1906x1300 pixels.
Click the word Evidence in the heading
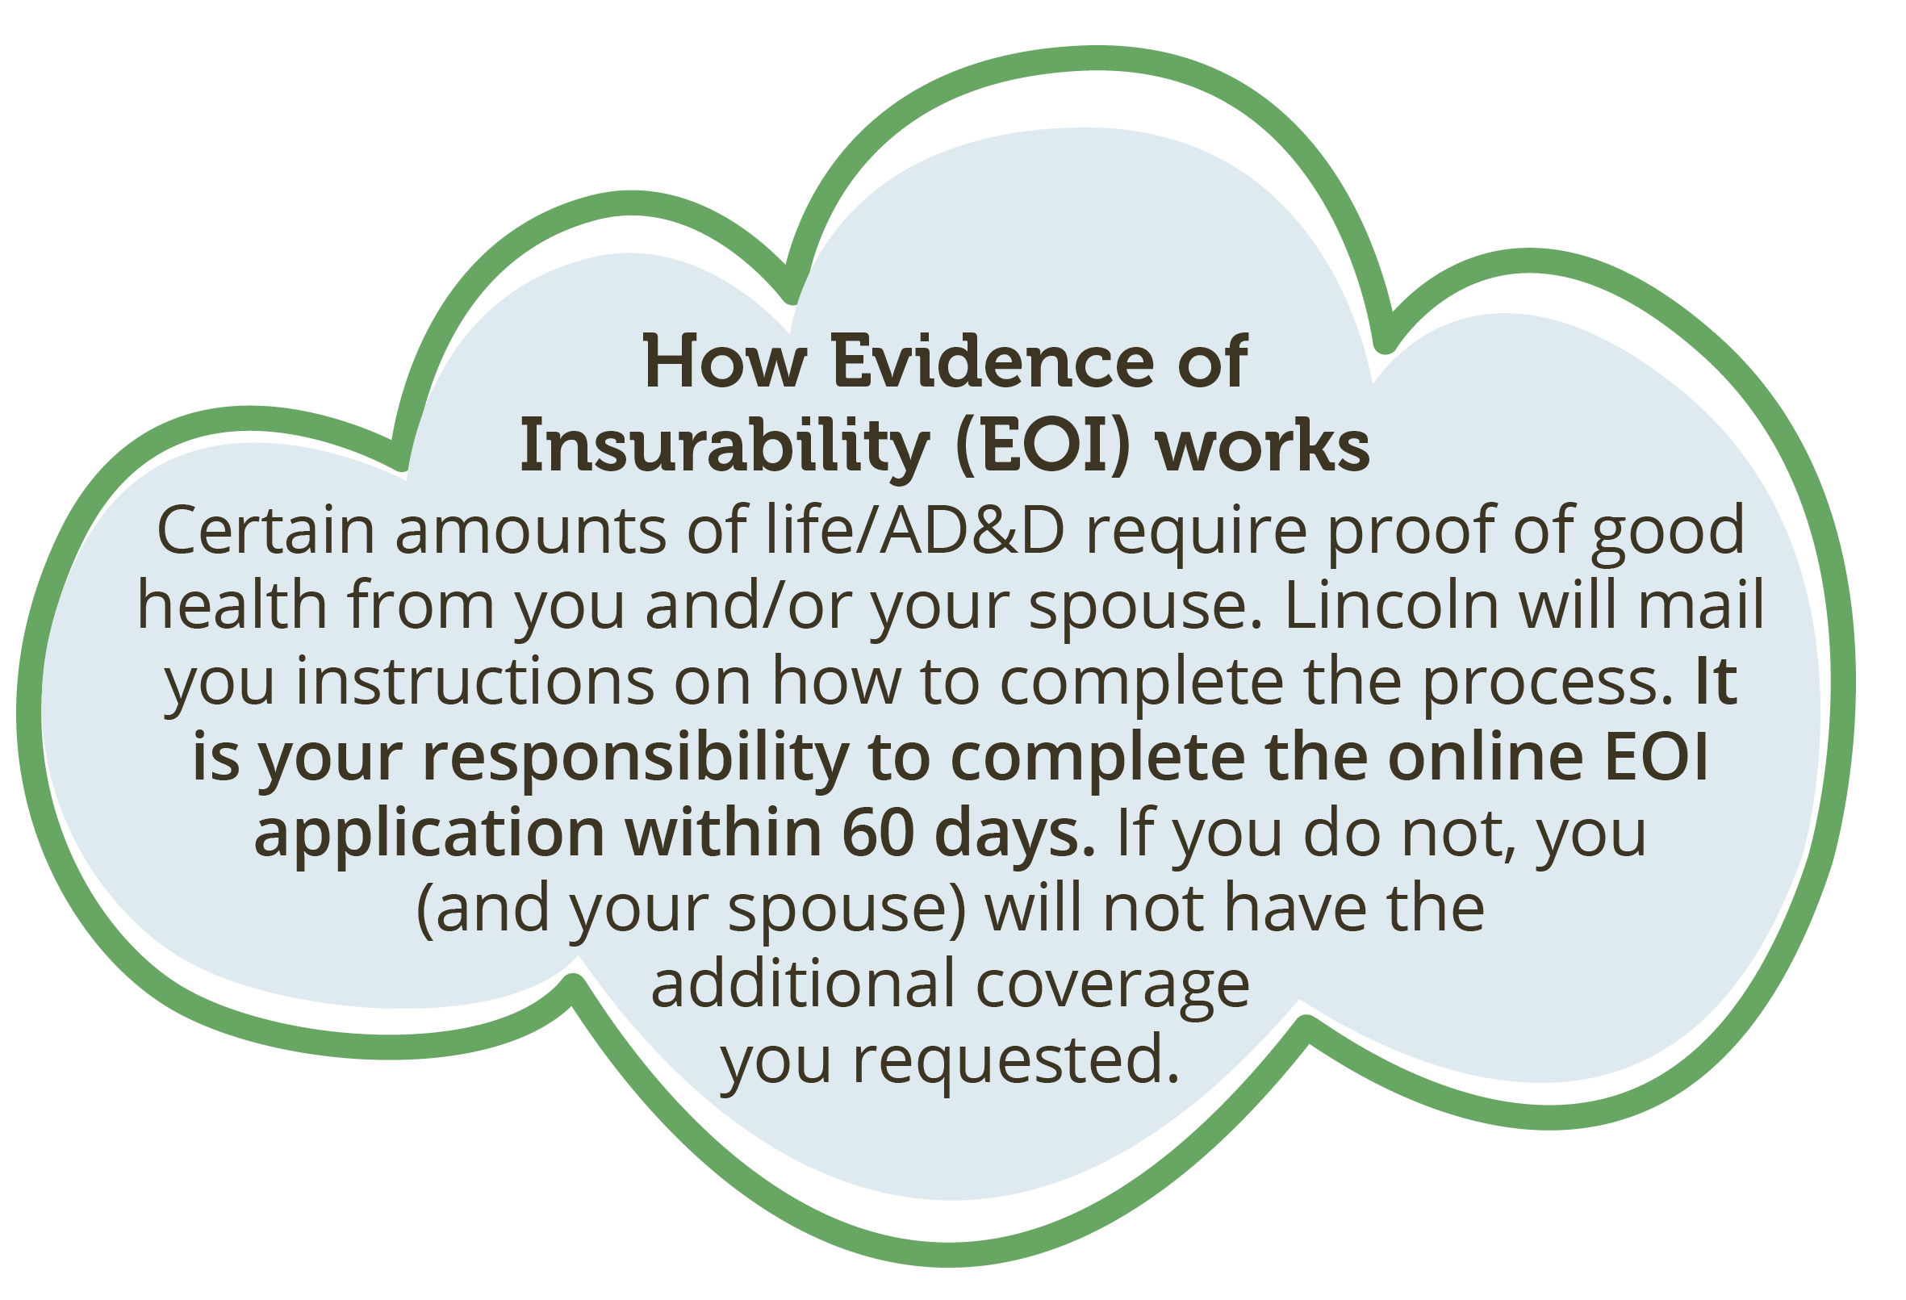coord(993,362)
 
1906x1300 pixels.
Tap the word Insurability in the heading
coord(725,449)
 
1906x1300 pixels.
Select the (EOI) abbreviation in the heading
coord(1043,447)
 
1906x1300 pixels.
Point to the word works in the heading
coord(1263,447)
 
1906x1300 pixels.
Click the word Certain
coord(265,531)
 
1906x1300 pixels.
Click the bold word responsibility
coord(636,759)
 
